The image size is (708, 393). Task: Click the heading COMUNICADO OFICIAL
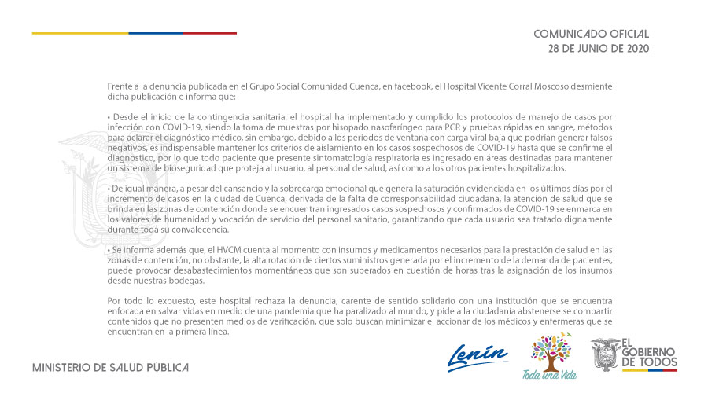(x=591, y=35)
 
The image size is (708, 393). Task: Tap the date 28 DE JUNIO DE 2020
(x=599, y=49)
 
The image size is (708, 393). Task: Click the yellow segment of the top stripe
(x=79, y=33)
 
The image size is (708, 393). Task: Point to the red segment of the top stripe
(x=209, y=33)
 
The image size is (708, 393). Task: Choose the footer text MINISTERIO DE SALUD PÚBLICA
(x=110, y=367)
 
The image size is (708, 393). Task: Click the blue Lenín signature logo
(x=478, y=355)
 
